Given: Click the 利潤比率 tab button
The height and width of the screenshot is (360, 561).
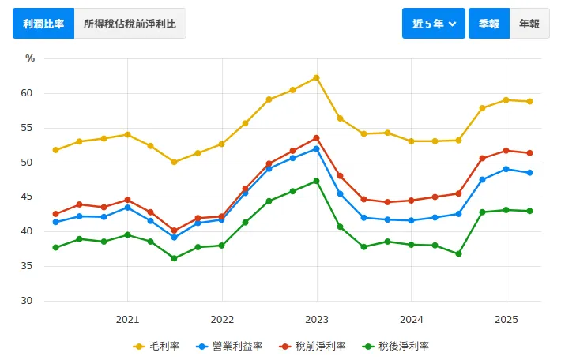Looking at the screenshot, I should [43, 24].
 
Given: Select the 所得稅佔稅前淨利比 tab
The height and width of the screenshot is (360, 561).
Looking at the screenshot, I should [130, 24].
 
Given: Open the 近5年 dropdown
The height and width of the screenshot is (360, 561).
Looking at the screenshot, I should [434, 24].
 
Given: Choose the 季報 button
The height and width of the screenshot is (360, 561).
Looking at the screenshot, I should [488, 24].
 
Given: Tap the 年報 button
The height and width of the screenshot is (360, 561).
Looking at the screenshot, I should [529, 24].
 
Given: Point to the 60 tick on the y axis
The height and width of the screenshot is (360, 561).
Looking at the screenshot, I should [27, 93].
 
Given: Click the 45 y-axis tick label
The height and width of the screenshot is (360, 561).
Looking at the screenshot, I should [27, 197].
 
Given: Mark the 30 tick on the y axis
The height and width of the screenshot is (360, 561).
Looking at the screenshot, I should [27, 301].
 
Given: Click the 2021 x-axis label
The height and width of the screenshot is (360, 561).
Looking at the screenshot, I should [127, 319].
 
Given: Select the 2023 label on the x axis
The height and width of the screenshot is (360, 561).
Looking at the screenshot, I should [316, 319].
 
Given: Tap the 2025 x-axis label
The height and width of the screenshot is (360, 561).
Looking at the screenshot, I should [505, 319].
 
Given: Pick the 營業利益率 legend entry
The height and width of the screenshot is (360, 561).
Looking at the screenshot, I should [231, 346].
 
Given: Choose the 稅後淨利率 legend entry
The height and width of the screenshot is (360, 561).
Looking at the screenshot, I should [397, 346].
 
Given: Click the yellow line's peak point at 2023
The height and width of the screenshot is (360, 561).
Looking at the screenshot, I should [316, 77].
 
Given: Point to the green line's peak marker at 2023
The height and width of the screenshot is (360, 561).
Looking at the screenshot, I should [316, 181].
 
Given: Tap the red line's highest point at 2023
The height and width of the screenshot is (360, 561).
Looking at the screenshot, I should [316, 138].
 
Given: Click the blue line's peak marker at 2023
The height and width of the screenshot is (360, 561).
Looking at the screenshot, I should [316, 148].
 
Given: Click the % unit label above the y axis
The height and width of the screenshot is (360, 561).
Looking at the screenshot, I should [30, 58].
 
